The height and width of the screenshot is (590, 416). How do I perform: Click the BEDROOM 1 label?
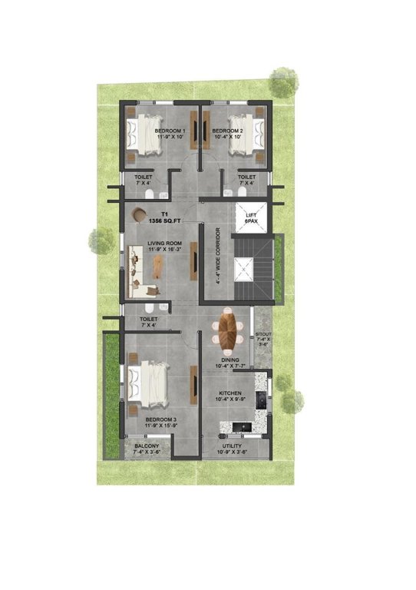[170, 131]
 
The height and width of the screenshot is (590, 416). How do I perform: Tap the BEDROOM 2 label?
[227, 131]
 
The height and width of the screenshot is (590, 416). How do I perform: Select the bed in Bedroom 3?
[149, 382]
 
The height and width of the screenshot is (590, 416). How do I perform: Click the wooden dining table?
[228, 330]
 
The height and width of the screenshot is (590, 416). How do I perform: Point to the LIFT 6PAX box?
[249, 217]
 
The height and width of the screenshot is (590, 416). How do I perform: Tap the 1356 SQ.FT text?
[164, 221]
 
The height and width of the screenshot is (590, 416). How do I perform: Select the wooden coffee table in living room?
[158, 266]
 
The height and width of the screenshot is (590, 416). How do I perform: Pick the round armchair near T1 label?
[140, 216]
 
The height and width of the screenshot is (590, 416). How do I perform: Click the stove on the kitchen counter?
[260, 399]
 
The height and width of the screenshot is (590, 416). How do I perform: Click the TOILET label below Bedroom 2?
[246, 177]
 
